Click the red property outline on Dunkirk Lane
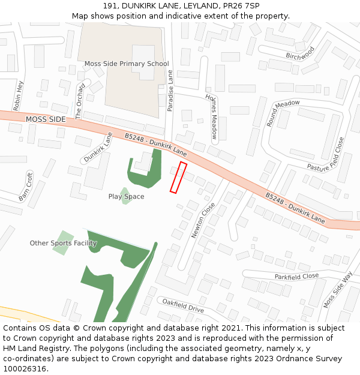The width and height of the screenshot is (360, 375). point(178,178)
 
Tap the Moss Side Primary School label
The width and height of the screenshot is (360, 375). point(127,64)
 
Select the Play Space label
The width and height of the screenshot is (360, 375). point(126,197)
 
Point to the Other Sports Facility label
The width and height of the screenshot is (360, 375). point(64,243)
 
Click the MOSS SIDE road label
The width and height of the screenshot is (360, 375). point(46,119)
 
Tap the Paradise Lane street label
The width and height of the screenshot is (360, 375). point(170,91)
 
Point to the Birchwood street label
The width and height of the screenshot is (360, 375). point(300,54)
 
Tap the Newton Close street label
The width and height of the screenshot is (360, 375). point(203,220)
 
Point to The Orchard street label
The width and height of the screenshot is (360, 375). point(79,100)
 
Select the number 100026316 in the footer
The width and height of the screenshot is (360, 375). point(25,368)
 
